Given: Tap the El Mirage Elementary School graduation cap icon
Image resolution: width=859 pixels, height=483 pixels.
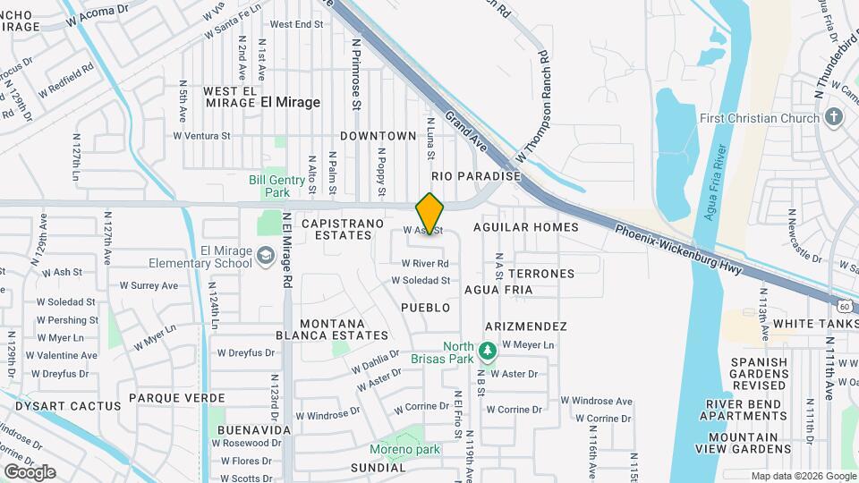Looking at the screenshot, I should click(x=265, y=257).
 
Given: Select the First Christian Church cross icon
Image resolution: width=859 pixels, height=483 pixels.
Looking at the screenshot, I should click(x=833, y=117).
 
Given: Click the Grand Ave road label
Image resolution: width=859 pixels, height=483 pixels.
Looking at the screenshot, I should click(x=465, y=131).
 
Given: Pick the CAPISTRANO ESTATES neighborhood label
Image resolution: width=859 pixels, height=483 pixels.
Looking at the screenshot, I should click(x=343, y=229).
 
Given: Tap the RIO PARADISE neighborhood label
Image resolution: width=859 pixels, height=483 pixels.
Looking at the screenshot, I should click(x=476, y=176).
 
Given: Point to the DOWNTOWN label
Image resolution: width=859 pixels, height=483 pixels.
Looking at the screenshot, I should click(x=378, y=136).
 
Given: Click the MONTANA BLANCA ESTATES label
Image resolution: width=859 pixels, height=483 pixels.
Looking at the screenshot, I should click(x=332, y=329).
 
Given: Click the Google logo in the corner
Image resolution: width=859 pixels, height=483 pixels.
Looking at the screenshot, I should click(x=30, y=471).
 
